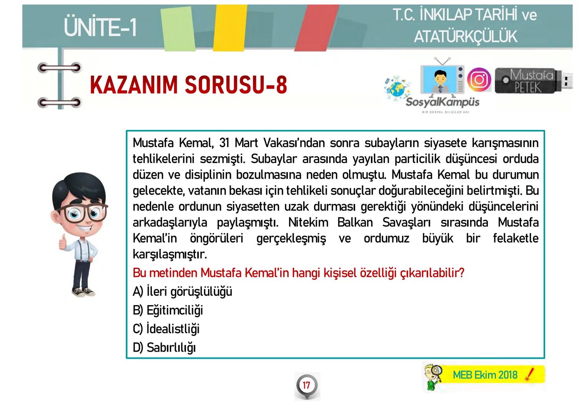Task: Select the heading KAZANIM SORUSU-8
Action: [x=188, y=85]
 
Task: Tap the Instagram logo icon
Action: [x=479, y=80]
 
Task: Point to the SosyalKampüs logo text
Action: [x=442, y=102]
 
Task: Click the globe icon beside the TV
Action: [x=396, y=88]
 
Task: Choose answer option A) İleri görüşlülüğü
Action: [x=182, y=292]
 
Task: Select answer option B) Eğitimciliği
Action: [x=168, y=310]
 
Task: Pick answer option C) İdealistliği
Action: [x=166, y=329]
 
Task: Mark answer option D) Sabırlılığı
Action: [x=164, y=348]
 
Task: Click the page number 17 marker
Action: [x=306, y=385]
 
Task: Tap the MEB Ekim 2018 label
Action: [x=485, y=375]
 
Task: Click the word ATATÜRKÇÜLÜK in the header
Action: [x=466, y=37]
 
